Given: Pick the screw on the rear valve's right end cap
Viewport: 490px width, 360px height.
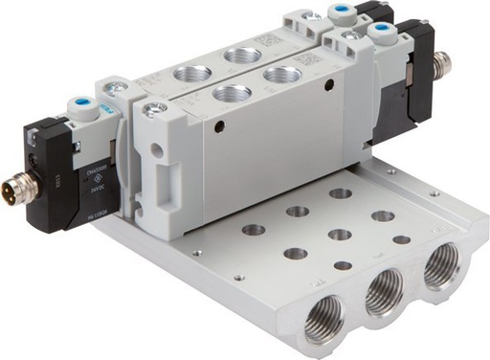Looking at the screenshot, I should [311, 17].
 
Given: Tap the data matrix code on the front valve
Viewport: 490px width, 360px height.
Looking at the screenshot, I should [309, 58].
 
